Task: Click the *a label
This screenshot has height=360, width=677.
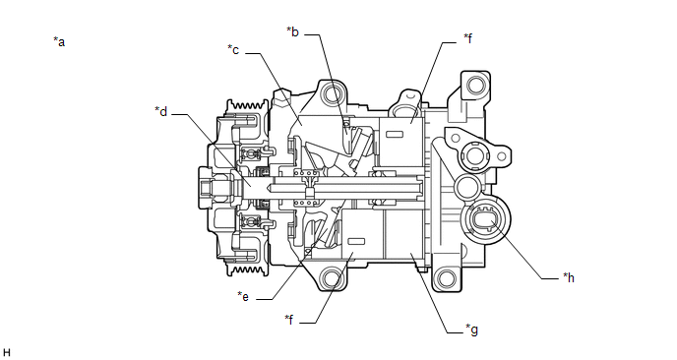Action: click(59, 42)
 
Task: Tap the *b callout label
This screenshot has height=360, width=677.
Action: click(292, 31)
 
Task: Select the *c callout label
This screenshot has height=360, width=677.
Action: click(233, 50)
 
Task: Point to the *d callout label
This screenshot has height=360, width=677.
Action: click(161, 111)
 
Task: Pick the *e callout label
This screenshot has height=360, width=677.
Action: click(243, 296)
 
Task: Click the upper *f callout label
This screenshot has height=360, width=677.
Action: click(468, 38)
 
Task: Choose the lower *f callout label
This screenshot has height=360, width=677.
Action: click(289, 320)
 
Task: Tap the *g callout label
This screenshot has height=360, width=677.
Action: click(472, 330)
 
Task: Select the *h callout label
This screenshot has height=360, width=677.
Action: click(569, 277)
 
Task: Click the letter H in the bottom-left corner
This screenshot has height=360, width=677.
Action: click(7, 353)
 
